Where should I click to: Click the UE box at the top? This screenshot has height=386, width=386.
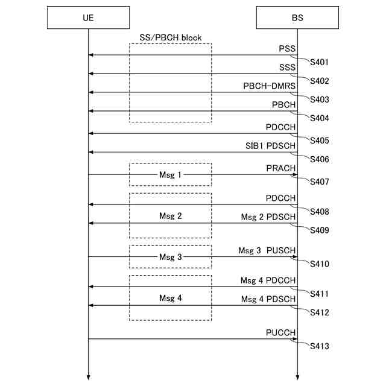tap(88, 17)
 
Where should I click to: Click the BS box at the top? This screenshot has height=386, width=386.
tap(297, 17)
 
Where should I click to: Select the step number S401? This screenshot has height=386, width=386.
tap(320, 62)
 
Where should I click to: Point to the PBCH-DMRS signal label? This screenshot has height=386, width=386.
tap(270, 86)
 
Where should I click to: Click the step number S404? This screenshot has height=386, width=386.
tap(320, 118)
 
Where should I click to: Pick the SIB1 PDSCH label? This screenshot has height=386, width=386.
tap(270, 145)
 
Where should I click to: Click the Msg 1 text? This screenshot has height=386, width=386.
tap(170, 174)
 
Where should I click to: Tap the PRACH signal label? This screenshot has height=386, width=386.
tap(281, 168)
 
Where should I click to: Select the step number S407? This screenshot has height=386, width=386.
tap(320, 182)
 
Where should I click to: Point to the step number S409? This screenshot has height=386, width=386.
tap(320, 230)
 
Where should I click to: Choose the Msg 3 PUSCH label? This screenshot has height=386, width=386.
tap(267, 250)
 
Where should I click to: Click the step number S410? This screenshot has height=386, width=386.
tap(320, 264)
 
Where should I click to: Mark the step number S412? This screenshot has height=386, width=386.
tap(320, 312)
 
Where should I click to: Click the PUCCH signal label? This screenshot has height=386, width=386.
tap(281, 332)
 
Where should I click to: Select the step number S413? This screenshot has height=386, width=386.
tap(320, 346)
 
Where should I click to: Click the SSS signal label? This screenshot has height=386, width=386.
tap(287, 67)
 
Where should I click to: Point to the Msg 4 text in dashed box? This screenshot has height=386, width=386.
tap(170, 298)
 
